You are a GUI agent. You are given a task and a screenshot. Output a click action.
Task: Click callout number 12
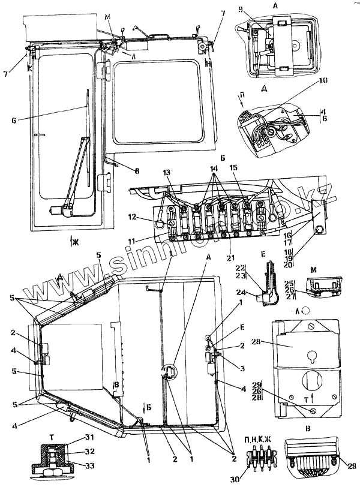click(137, 217)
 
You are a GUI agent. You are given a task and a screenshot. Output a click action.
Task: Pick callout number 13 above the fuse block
click(166, 172)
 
